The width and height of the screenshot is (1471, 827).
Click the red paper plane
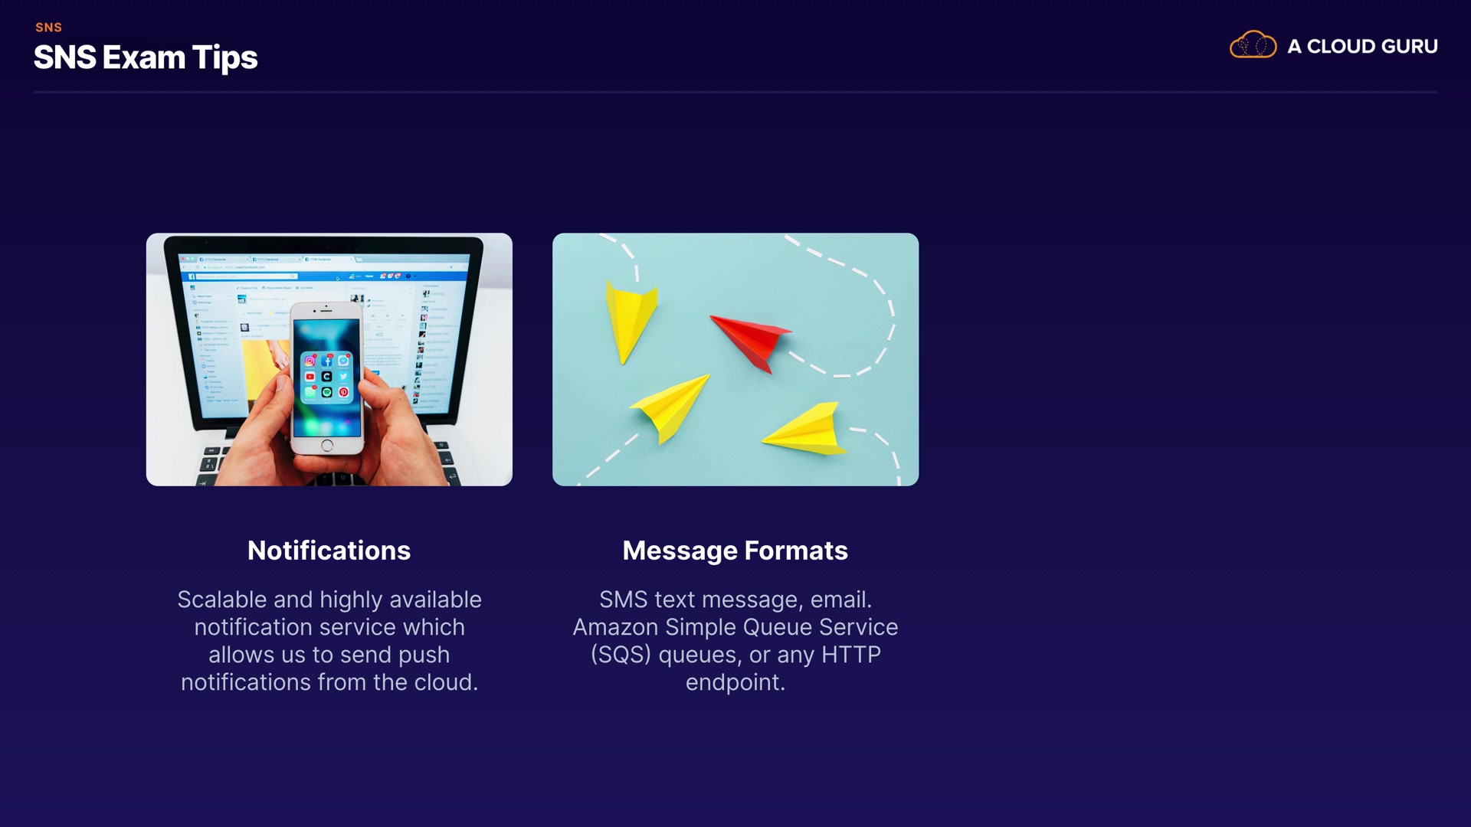point(751,342)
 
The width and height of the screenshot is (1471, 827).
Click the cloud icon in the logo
point(1253,45)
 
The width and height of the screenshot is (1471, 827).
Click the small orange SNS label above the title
point(48,28)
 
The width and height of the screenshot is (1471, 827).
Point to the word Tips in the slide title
point(224,58)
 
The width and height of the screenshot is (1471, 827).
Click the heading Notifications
point(329,551)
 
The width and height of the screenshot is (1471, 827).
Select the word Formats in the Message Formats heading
point(796,551)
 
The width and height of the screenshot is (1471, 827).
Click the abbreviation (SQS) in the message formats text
point(621,655)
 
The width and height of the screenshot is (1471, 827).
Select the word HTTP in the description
point(851,655)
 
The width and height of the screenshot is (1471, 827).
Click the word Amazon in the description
point(615,628)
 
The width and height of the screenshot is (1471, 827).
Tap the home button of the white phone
point(327,446)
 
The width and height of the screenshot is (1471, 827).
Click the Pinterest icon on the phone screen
point(344,392)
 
